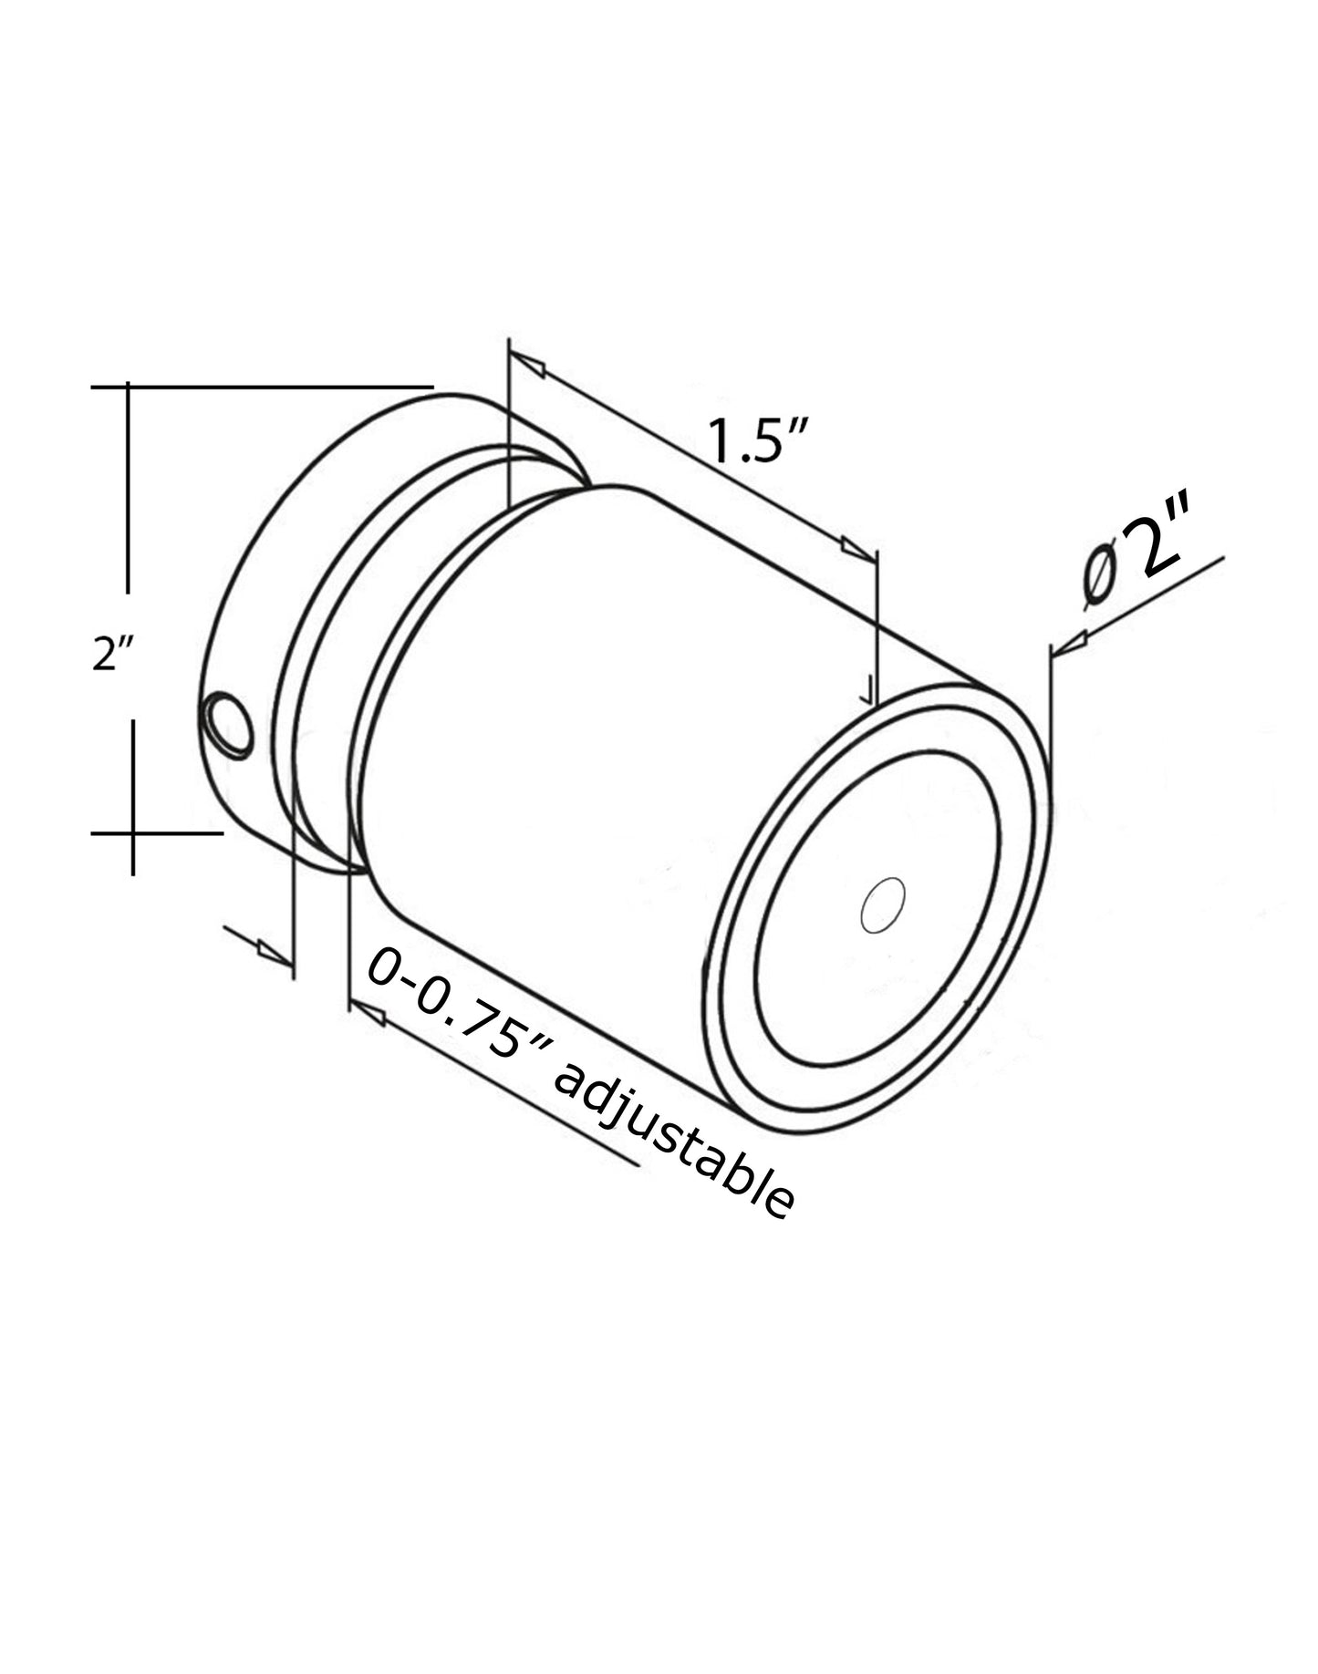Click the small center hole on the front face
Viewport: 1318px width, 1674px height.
point(883,906)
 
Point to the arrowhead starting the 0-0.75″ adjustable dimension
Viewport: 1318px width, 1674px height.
point(367,1010)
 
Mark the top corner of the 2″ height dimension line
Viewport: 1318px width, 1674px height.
point(128,387)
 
